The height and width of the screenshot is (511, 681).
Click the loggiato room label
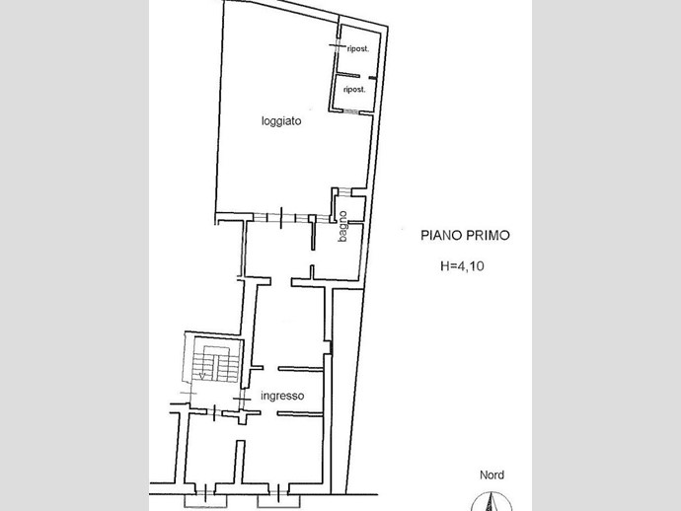tap(281, 121)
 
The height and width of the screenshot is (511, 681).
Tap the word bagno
tap(342, 226)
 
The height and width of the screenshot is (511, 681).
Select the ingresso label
tap(282, 396)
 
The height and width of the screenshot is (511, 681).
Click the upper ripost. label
tap(358, 49)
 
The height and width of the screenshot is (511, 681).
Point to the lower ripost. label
tap(354, 90)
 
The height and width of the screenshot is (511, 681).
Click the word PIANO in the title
tap(441, 236)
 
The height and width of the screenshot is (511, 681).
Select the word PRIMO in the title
tap(488, 236)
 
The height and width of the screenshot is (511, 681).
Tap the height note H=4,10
tap(462, 265)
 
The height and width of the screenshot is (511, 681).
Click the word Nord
tap(492, 474)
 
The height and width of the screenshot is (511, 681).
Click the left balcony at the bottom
tap(205, 501)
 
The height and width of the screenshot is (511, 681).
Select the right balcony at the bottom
tap(278, 501)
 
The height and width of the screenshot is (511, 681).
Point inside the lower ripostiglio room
tap(353, 93)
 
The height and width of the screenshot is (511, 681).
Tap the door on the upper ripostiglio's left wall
tap(338, 45)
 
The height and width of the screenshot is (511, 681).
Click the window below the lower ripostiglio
tap(351, 111)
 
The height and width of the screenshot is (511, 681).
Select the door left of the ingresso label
tap(242, 399)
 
